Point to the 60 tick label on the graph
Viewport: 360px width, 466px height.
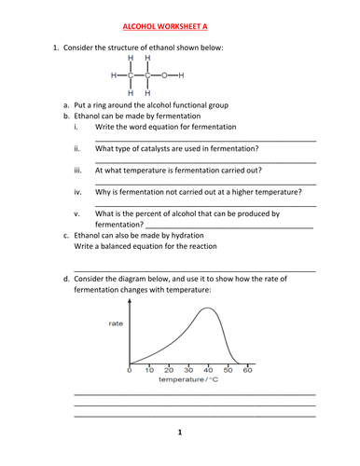click(247, 370)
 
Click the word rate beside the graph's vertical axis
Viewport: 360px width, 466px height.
click(116, 322)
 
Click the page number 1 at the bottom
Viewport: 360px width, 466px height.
click(179, 432)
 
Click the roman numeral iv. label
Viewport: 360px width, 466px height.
click(77, 192)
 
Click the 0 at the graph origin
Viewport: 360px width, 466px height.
click(130, 370)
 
